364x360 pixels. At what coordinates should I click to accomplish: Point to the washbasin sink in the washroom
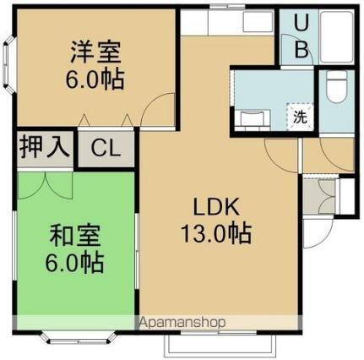point(250,118)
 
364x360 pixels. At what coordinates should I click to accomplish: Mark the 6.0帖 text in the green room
point(76,263)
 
